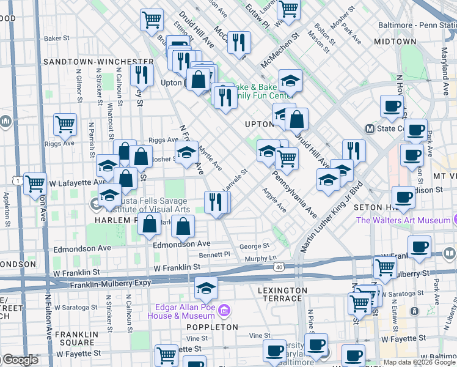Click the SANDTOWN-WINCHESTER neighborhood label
pos(98,62)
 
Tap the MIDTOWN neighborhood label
pos(395,42)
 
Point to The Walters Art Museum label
pos(403,220)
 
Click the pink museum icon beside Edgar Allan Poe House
pos(224,311)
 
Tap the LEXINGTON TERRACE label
pos(282,294)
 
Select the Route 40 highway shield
pos(279,267)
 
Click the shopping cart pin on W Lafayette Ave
pos(35,182)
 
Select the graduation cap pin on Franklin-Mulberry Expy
pos(207,287)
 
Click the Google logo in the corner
pos(20,360)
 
